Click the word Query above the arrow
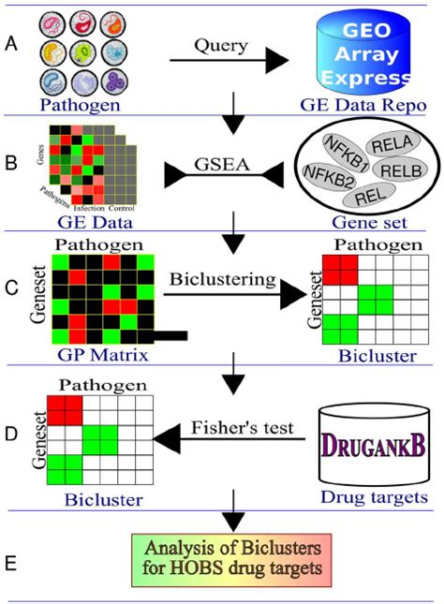click(x=222, y=43)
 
